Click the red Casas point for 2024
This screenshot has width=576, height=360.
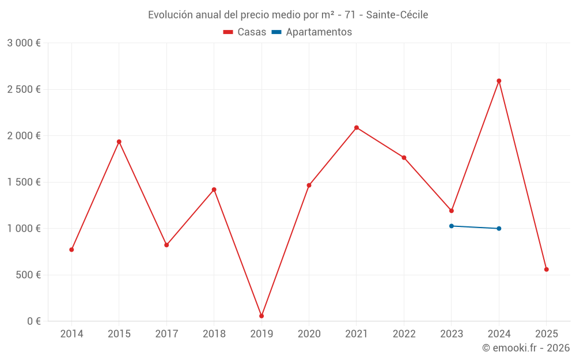(499, 81)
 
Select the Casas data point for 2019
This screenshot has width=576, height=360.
(262, 316)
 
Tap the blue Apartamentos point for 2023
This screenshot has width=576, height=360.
(452, 226)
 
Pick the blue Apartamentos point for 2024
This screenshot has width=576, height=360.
(499, 229)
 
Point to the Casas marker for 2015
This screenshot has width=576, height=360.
(119, 142)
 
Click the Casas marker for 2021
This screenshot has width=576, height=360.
(357, 127)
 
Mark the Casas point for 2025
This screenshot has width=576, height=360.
(546, 270)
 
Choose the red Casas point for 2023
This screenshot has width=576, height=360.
(452, 211)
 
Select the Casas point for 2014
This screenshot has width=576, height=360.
(71, 249)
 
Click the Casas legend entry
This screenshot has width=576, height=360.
(245, 32)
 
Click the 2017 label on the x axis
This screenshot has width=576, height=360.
(166, 334)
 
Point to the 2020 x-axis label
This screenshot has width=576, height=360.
(309, 334)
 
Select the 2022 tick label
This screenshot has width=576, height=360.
(404, 334)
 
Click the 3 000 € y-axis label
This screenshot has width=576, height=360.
(24, 43)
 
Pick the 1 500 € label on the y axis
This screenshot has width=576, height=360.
(24, 182)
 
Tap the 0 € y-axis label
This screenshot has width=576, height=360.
(32, 321)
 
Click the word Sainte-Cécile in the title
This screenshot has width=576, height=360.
(397, 15)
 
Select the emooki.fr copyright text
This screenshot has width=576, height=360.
(526, 348)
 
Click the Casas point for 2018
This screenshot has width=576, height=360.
(214, 190)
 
